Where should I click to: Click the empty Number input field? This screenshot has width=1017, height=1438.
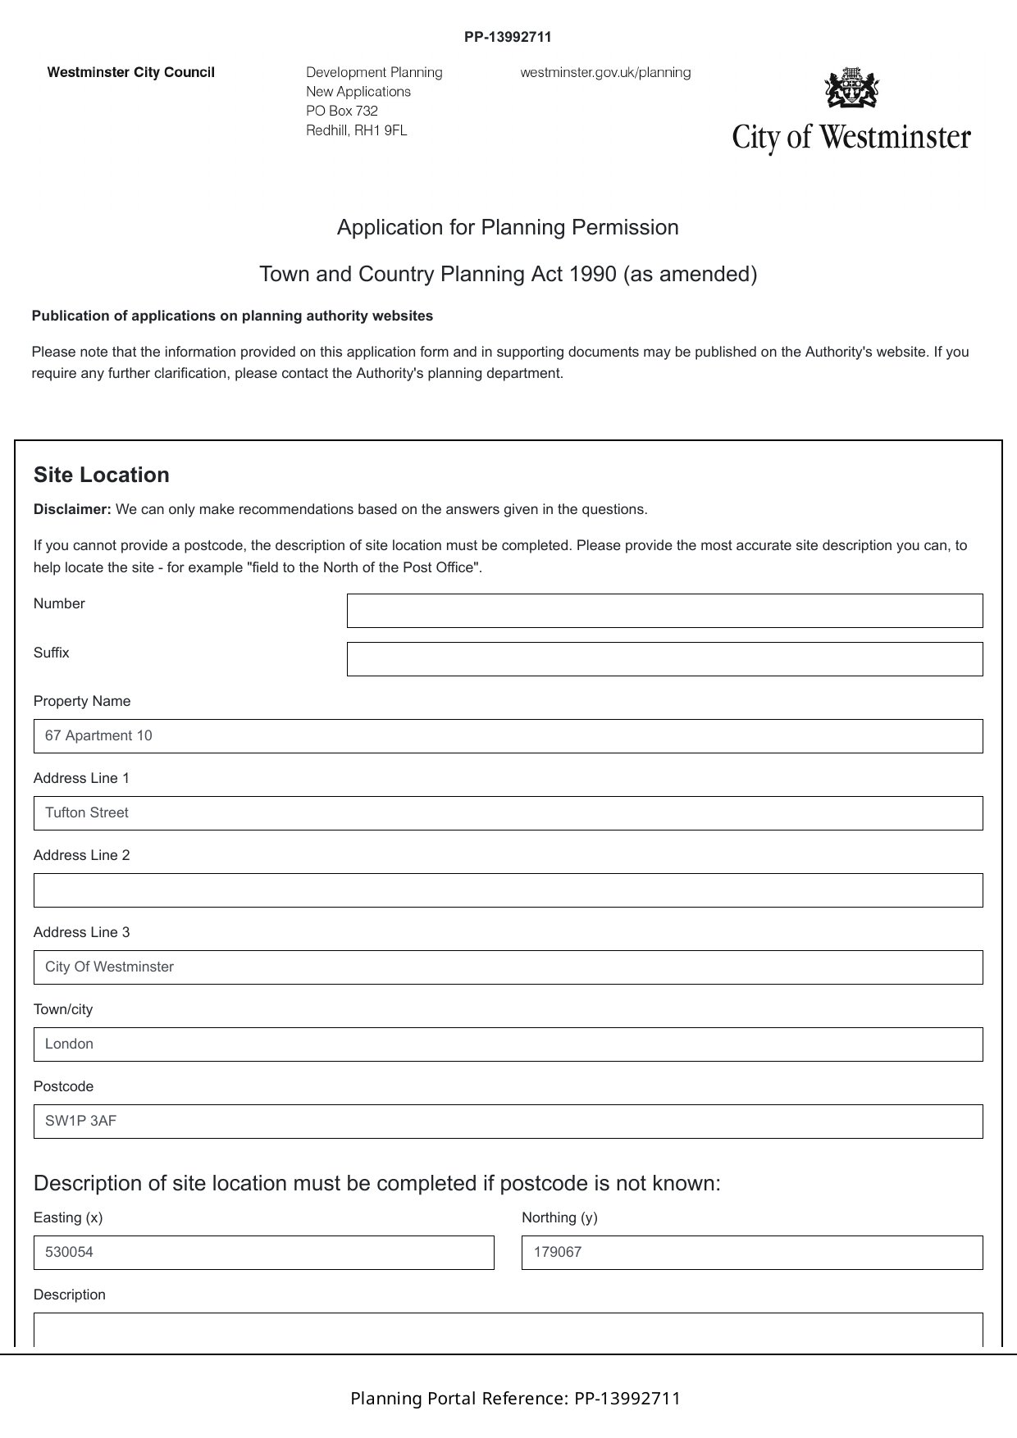coord(664,611)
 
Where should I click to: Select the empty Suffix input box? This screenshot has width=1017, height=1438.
coord(664,659)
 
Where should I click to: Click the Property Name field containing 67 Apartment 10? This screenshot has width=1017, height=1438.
coord(508,736)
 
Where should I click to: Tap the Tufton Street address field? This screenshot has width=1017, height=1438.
coord(508,813)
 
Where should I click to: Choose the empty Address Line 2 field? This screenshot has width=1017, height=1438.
coord(508,890)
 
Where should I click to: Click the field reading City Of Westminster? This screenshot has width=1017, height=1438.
coord(508,967)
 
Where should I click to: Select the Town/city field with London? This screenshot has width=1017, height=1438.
coord(508,1044)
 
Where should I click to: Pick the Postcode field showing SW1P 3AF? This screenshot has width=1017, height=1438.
coord(508,1122)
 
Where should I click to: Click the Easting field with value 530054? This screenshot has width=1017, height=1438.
coord(263,1253)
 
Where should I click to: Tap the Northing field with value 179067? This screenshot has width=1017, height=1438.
coord(751,1253)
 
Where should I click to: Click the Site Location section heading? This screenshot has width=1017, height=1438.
coord(102,476)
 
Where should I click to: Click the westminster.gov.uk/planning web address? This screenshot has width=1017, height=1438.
coord(605,72)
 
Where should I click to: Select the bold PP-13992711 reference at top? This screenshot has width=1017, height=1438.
coord(508,37)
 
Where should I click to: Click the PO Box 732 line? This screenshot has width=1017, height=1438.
coord(342,111)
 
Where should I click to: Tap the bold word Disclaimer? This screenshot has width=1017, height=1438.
coord(72,509)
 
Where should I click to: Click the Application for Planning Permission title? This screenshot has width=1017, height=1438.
coord(508,227)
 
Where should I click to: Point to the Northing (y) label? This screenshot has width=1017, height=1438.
coord(559,1217)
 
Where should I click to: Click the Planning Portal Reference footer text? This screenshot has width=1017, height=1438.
coord(515,1399)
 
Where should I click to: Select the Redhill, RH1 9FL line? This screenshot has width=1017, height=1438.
coord(356,130)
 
